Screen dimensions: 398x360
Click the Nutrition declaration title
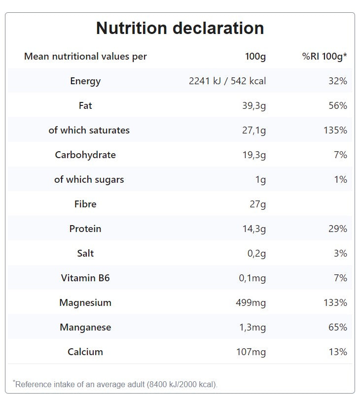(x=180, y=28)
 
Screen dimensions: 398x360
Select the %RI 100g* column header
(x=324, y=57)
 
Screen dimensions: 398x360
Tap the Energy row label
(x=85, y=81)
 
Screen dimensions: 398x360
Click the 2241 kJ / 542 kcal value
(x=227, y=81)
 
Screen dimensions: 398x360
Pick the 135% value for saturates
(x=335, y=131)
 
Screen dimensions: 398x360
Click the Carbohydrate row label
(x=85, y=155)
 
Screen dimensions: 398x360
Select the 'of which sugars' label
(x=89, y=180)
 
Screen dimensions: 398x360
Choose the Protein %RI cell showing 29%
(x=338, y=229)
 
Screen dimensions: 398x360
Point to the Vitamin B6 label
(x=85, y=278)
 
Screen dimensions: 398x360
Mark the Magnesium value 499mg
(x=251, y=303)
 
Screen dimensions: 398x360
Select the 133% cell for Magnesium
(x=335, y=303)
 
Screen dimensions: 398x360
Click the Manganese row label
(x=85, y=328)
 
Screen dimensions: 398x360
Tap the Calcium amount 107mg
(x=251, y=352)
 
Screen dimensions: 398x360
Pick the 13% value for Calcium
(x=338, y=352)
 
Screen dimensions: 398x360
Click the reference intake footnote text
(x=116, y=384)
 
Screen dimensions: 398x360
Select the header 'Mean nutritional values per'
(x=85, y=57)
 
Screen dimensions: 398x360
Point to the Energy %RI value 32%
(x=338, y=81)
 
